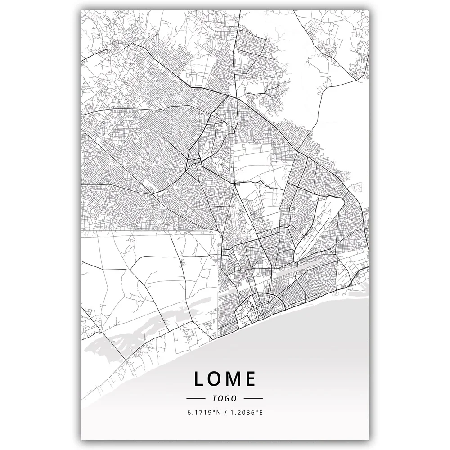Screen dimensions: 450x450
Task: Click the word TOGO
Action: tap(225, 398)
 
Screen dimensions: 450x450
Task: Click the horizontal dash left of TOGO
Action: tap(196, 398)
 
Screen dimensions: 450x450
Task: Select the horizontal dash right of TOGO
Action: tap(253, 398)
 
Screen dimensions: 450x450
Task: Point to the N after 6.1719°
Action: tap(217, 412)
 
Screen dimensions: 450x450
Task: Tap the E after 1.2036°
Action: tap(259, 412)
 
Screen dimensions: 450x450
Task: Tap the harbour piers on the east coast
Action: tap(360, 279)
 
